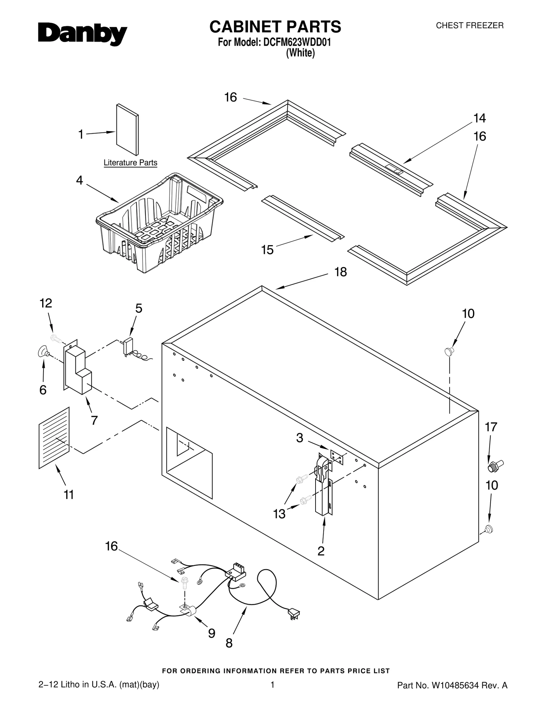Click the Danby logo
(x=82, y=34)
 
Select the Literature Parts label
(x=130, y=163)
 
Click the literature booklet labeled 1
(x=127, y=129)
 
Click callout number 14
(x=479, y=118)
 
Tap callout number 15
(x=267, y=250)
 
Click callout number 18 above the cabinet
(x=340, y=272)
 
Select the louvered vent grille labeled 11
(x=54, y=438)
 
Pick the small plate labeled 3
(x=337, y=456)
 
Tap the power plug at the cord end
(x=294, y=614)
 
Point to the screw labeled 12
(x=56, y=338)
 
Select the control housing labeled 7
(x=78, y=369)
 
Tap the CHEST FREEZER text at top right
(x=469, y=26)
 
